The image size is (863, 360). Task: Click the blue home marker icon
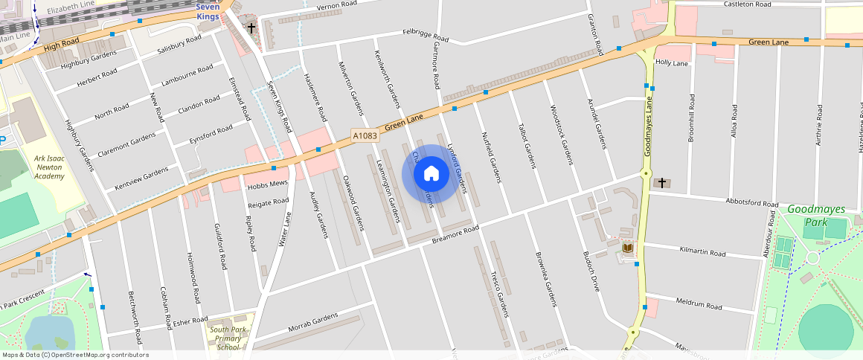tap(431, 174)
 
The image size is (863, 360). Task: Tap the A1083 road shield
tap(365, 135)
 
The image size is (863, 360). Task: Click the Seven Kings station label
tap(208, 12)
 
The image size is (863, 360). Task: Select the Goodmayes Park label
tap(816, 215)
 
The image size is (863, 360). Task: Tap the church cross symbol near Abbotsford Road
tap(661, 182)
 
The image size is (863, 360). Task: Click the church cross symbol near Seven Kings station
tap(251, 29)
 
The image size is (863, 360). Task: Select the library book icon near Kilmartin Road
tap(627, 248)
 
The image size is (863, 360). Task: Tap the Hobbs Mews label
tap(267, 183)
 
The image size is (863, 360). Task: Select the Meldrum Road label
tap(699, 305)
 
